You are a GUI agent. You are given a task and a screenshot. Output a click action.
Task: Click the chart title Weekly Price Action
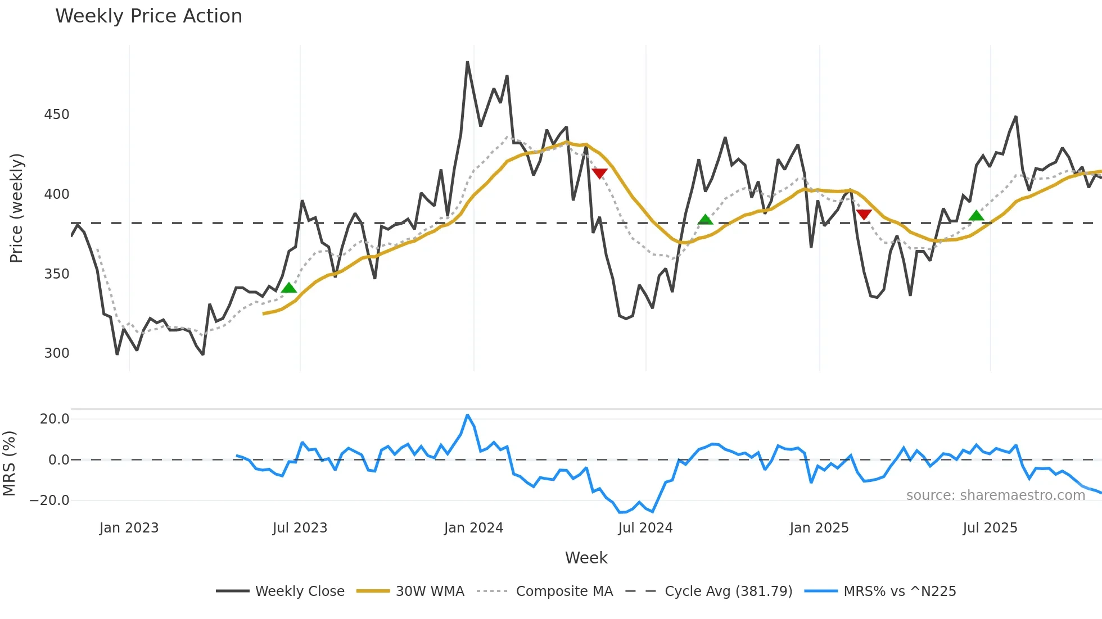tap(148, 16)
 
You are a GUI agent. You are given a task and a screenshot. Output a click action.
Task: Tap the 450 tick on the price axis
tap(57, 115)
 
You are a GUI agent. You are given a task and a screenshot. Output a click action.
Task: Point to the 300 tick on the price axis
tap(57, 353)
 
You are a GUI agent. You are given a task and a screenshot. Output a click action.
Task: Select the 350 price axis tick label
tap(57, 274)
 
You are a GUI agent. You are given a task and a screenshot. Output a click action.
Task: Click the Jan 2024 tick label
tap(473, 528)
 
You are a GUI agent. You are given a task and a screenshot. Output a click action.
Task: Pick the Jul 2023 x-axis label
tap(300, 528)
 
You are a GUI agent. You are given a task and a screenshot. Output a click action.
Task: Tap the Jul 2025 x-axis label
tap(990, 528)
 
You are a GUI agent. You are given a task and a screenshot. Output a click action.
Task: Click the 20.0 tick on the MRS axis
tap(55, 419)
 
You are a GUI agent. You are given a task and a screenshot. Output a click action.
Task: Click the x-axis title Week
tap(586, 558)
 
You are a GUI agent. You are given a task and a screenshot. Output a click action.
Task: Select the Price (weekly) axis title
tap(16, 208)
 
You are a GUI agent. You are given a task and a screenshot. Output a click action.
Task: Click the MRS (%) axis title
tap(9, 463)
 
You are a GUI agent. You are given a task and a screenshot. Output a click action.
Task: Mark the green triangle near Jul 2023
tap(289, 288)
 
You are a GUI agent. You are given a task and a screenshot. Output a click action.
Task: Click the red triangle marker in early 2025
tap(864, 215)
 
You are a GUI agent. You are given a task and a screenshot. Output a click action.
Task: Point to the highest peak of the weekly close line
tap(468, 62)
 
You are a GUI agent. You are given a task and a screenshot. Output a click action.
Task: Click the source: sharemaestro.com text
tap(995, 495)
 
